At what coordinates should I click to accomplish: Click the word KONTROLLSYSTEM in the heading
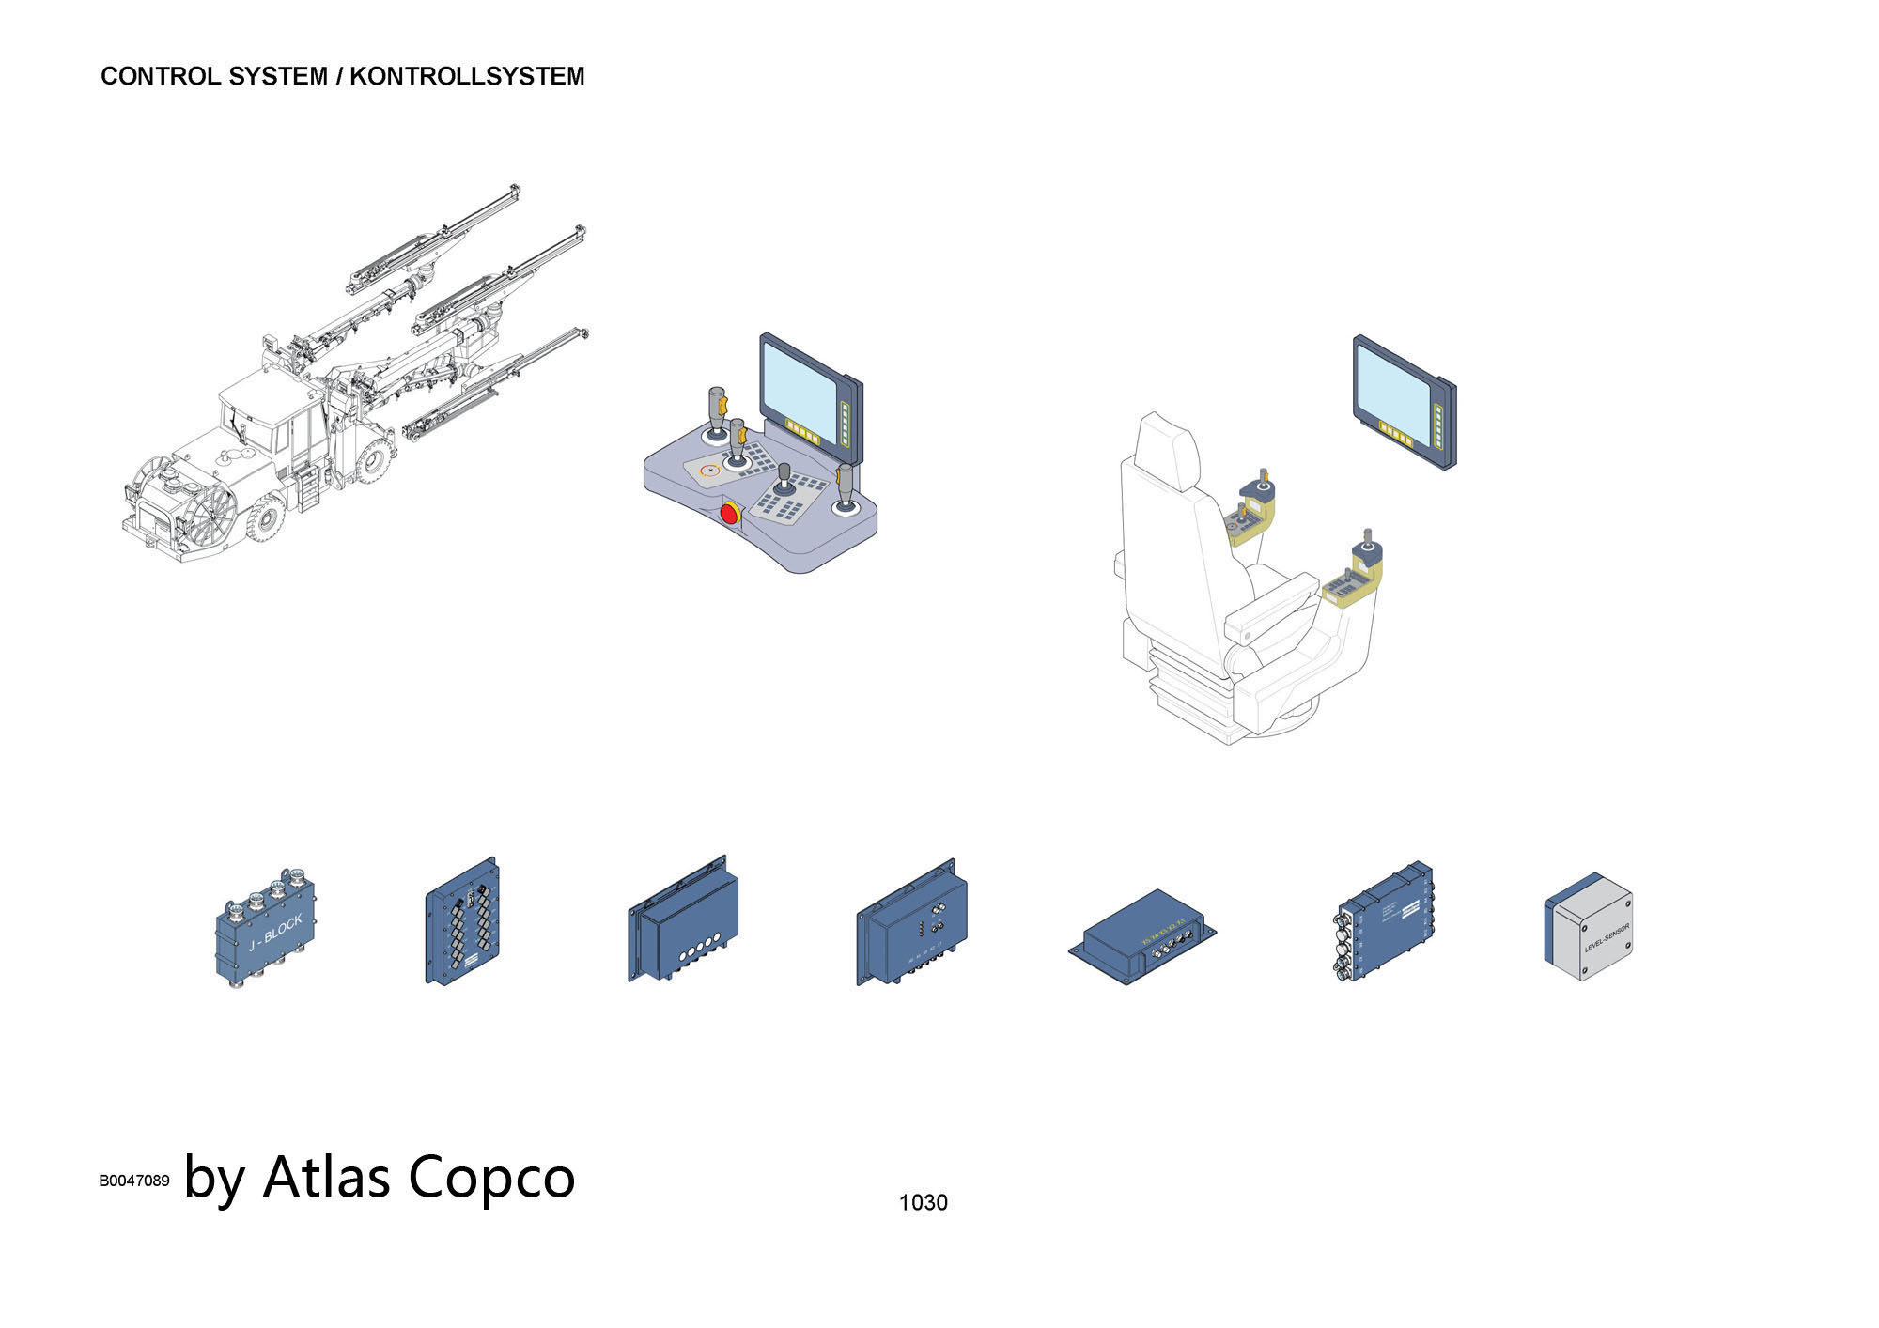tap(467, 76)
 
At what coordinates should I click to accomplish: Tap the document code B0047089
tap(134, 1181)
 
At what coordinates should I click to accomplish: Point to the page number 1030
tap(923, 1202)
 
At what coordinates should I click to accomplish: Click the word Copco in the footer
tap(490, 1176)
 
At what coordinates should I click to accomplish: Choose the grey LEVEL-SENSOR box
tap(1591, 929)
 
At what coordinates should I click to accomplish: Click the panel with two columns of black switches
tap(462, 922)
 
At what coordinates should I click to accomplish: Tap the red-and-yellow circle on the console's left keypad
tap(709, 470)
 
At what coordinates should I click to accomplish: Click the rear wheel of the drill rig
tap(375, 459)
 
